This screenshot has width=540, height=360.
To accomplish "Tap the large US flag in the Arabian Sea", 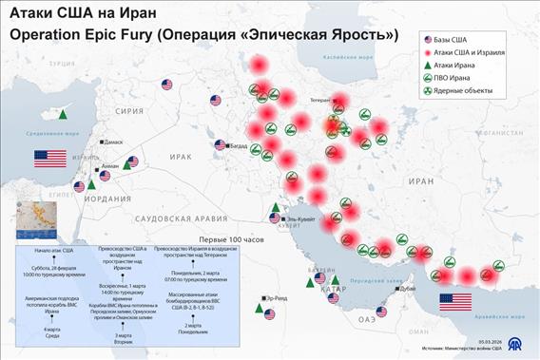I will (454, 302).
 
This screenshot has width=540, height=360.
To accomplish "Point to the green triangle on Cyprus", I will (63, 114).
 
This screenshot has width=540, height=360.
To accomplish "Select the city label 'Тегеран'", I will (314, 99).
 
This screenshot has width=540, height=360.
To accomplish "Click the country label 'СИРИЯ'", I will (129, 110).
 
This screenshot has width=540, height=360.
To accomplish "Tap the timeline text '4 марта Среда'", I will (50, 332).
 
